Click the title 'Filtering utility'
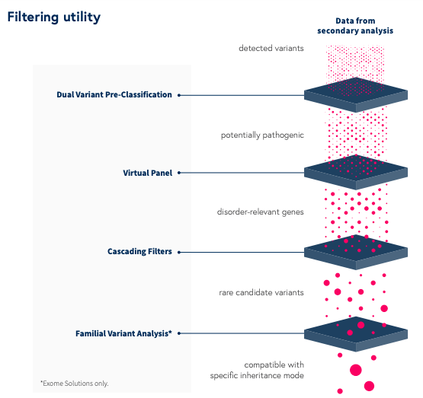click(x=54, y=18)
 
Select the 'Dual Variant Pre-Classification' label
click(x=114, y=95)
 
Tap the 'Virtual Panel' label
click(x=148, y=173)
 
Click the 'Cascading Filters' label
click(x=139, y=252)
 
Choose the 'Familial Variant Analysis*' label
click(x=123, y=333)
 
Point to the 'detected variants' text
click(x=271, y=48)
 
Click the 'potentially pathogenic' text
click(x=262, y=135)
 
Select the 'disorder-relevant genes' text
click(x=261, y=212)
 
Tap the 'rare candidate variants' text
click(x=261, y=292)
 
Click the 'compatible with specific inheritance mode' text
click(x=257, y=370)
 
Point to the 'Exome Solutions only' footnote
click(x=75, y=384)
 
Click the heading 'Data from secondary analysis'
click(x=355, y=26)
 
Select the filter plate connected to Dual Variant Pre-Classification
click(x=356, y=95)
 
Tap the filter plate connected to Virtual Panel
click(x=356, y=172)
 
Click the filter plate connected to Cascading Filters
click(x=356, y=252)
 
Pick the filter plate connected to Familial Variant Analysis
click(x=356, y=334)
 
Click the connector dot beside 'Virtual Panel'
click(x=179, y=173)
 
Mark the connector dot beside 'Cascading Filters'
click(x=179, y=253)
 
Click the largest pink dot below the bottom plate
click(x=356, y=370)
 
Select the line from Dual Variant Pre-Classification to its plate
click(x=242, y=95)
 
